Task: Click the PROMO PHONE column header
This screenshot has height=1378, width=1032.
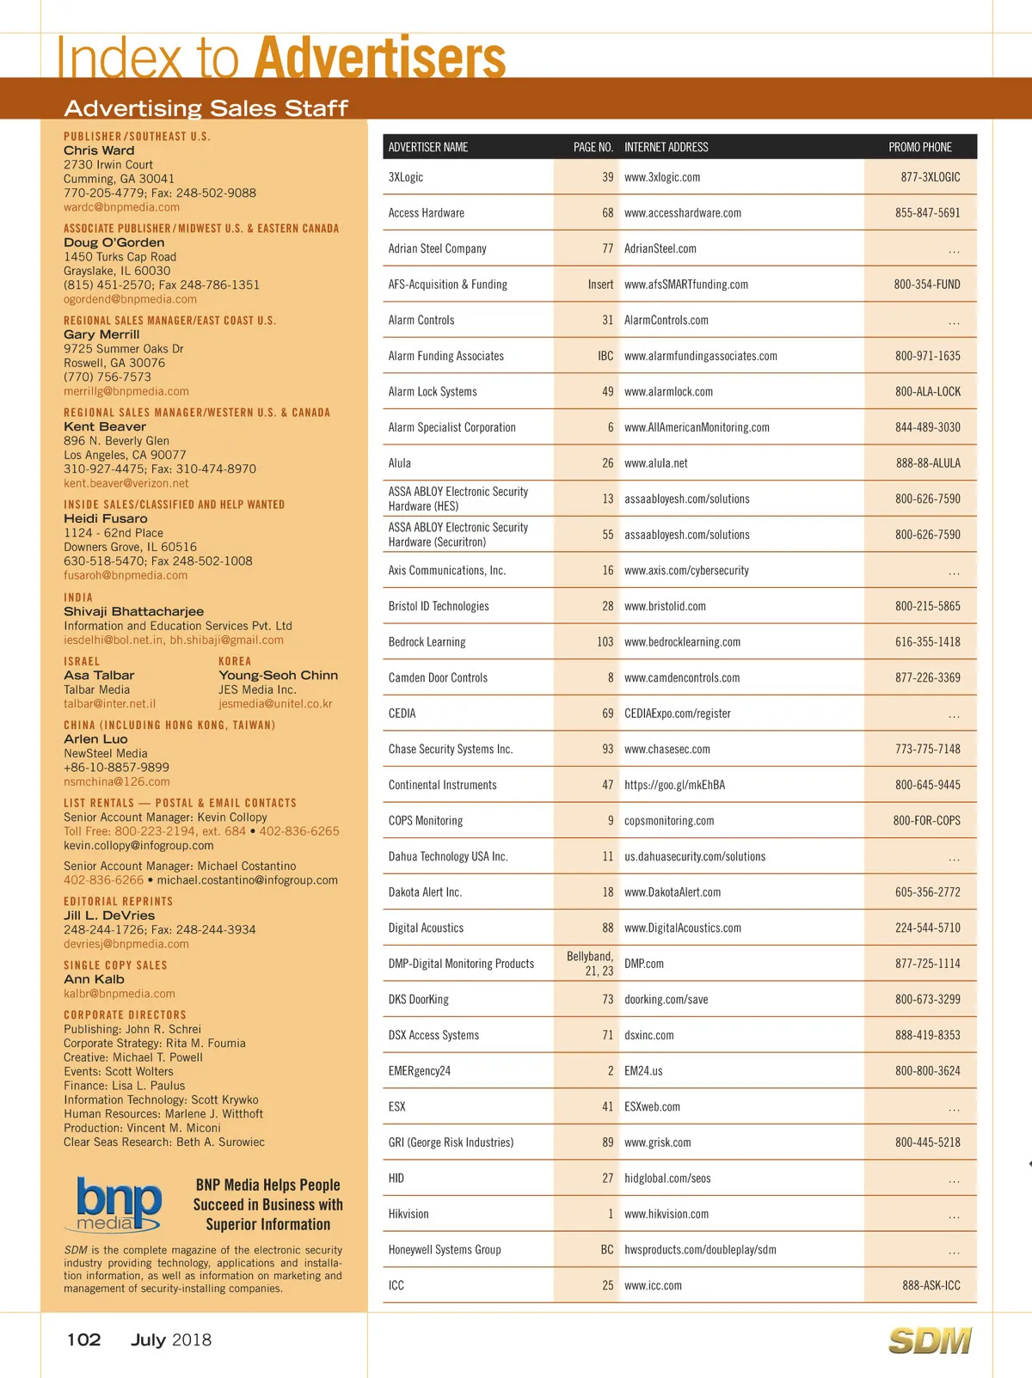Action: (x=919, y=147)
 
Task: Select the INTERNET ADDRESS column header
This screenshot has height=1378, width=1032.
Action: (x=666, y=147)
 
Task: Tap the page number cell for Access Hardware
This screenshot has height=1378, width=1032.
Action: (x=607, y=213)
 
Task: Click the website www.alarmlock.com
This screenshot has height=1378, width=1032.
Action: (x=668, y=392)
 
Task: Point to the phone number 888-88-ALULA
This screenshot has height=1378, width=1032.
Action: (x=928, y=463)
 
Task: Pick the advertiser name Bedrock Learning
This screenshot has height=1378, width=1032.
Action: (x=427, y=642)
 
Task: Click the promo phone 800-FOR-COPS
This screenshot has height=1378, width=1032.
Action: (x=926, y=821)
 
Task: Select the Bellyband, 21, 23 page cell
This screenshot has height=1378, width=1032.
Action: (x=590, y=964)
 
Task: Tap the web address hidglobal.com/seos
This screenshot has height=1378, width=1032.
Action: (x=667, y=1179)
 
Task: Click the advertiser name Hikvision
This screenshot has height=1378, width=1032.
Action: (x=408, y=1215)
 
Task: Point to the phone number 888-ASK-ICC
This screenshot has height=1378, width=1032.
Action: (x=931, y=1286)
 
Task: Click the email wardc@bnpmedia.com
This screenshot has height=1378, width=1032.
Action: (x=121, y=207)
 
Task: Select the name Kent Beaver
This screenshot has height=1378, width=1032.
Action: (x=105, y=426)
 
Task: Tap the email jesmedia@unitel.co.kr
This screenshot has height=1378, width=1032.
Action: (x=275, y=704)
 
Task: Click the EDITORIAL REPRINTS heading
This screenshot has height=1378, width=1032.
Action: (x=118, y=902)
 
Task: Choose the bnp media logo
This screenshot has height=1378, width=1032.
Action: (x=119, y=1204)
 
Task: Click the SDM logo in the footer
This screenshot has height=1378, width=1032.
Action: (x=929, y=1340)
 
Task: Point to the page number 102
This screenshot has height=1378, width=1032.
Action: (x=83, y=1340)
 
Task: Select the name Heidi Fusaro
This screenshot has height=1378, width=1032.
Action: (x=105, y=519)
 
